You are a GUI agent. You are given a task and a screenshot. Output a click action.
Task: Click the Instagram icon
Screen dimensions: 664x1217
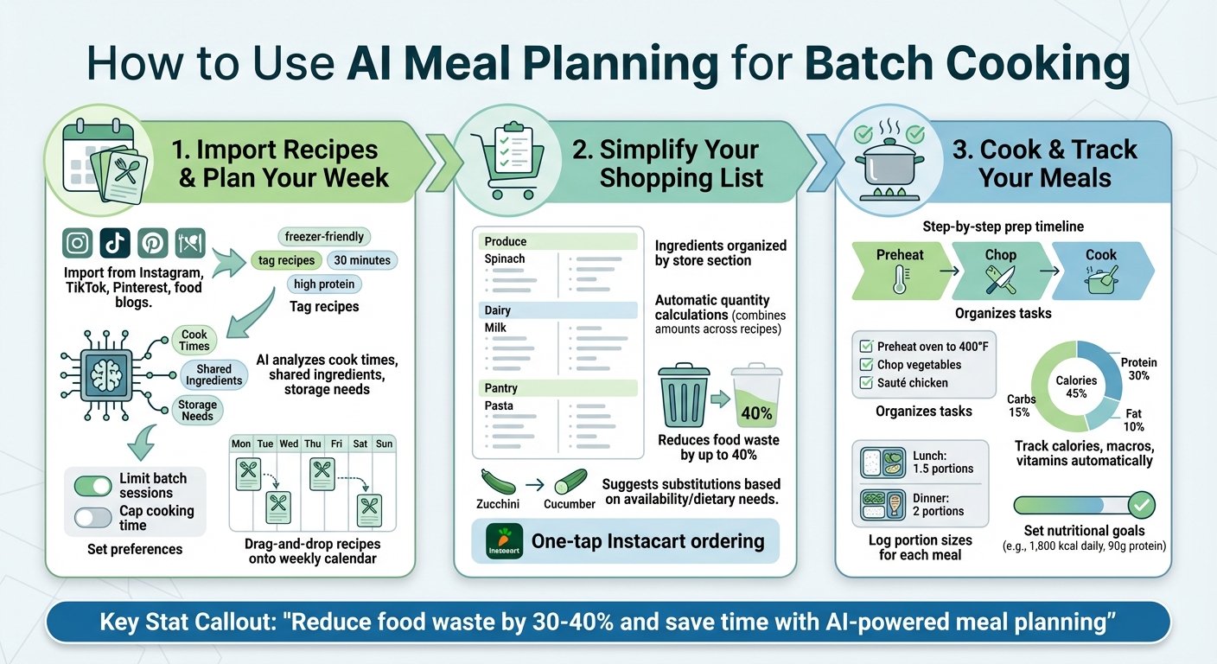point(78,243)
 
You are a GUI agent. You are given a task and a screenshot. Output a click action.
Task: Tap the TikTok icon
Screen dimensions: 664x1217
point(115,243)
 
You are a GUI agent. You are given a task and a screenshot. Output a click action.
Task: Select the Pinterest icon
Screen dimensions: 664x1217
point(152,243)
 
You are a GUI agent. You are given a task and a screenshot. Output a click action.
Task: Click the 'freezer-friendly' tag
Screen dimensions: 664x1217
point(325,236)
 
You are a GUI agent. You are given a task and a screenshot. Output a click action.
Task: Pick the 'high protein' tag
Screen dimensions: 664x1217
point(324,284)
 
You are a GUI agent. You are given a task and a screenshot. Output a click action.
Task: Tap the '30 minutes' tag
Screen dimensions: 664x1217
point(362,260)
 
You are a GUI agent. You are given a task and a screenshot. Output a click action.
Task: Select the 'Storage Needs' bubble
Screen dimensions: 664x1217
point(197,410)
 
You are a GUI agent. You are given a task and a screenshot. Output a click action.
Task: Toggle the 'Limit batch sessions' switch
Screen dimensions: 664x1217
point(92,486)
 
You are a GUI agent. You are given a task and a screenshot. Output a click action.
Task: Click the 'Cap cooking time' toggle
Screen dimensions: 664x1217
point(92,518)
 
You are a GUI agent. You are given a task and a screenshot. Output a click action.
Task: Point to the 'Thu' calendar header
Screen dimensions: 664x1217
point(312,444)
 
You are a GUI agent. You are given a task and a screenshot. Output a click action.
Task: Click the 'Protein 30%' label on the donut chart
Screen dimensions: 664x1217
point(1138,369)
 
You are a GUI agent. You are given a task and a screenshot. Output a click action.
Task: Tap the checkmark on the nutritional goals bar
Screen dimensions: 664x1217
point(1142,505)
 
